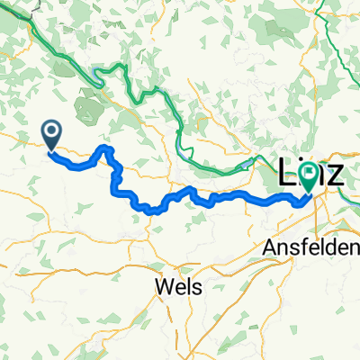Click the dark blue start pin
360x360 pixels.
(x=51, y=135)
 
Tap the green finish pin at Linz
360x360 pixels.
(x=310, y=179)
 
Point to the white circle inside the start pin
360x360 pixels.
(x=51, y=132)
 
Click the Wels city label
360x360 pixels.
(x=177, y=286)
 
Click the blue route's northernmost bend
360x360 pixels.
(x=107, y=147)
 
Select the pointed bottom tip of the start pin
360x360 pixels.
(x=51, y=149)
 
